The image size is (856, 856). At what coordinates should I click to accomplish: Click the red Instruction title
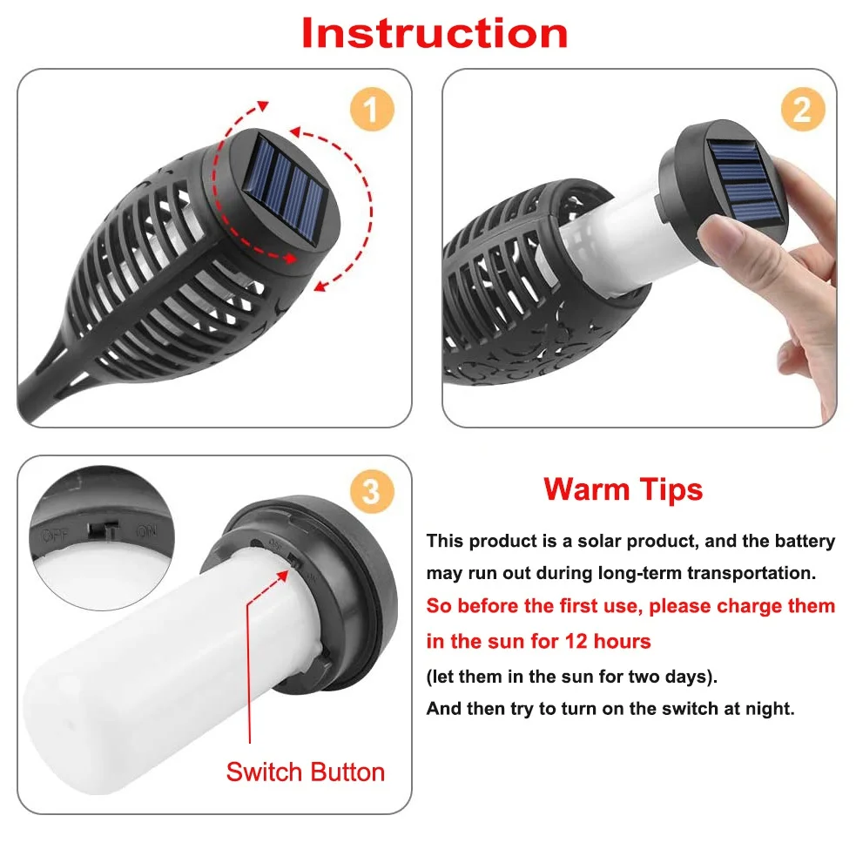click(435, 34)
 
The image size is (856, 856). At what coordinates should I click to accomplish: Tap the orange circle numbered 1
click(373, 109)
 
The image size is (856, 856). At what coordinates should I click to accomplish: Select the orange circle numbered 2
click(803, 109)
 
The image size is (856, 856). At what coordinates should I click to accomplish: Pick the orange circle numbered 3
click(373, 491)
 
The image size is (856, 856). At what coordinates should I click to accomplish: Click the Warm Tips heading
click(623, 489)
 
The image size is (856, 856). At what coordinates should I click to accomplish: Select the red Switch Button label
click(306, 772)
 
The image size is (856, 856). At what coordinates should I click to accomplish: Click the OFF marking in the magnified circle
click(56, 536)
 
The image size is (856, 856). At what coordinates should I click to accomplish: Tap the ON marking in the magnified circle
click(145, 531)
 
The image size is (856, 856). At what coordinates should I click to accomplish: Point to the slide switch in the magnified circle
click(102, 529)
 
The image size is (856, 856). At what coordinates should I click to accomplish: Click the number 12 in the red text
click(576, 641)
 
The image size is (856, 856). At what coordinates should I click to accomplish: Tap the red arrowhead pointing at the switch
click(281, 576)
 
